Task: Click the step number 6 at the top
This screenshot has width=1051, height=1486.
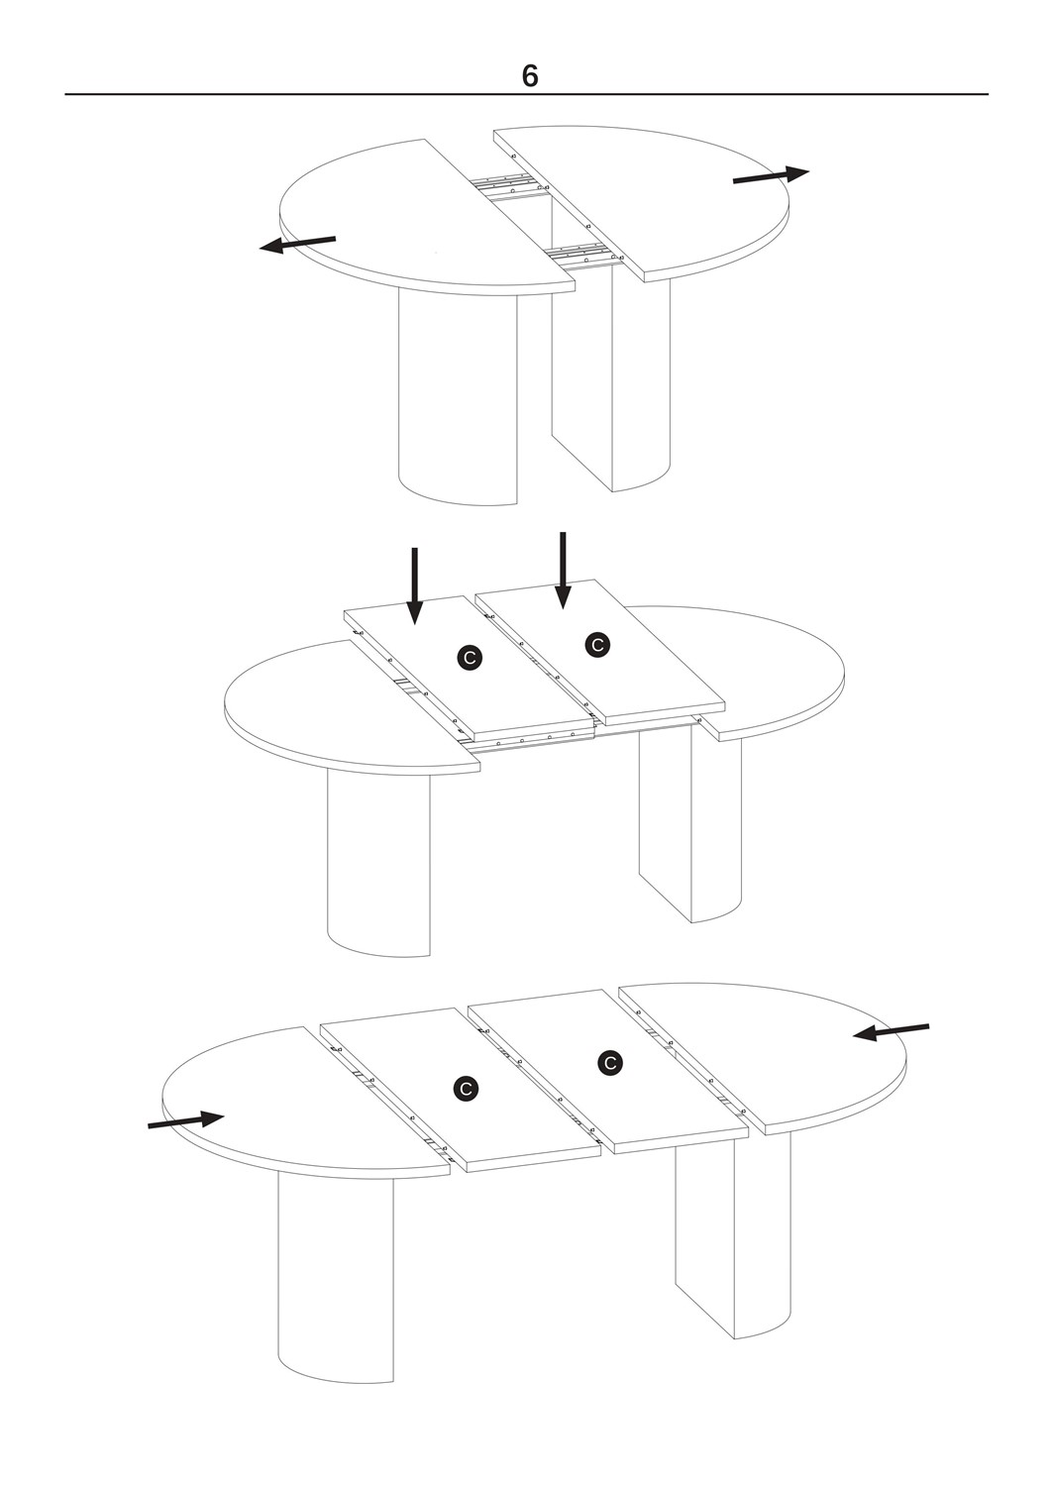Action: coord(530,76)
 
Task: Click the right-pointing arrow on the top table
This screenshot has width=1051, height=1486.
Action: coord(771,175)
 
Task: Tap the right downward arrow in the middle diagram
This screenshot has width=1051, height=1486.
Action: coord(563,571)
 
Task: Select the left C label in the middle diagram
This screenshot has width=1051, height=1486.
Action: coord(470,658)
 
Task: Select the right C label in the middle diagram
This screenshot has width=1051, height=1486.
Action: coord(597,644)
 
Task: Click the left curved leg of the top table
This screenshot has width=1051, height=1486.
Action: coord(458,398)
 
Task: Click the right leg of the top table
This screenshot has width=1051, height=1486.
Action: coord(610,378)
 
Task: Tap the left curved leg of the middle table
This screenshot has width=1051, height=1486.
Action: coord(378,863)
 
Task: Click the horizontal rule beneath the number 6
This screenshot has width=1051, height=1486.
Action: coord(526,94)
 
